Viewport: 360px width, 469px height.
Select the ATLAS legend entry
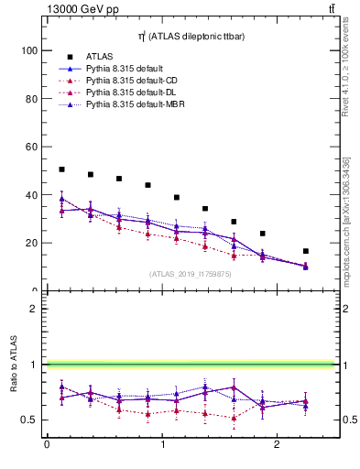tap(98, 56)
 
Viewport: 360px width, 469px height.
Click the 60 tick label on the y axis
tap(32, 147)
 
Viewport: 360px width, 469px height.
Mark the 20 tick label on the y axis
tap(32, 243)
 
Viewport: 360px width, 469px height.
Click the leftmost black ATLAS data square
tap(61, 169)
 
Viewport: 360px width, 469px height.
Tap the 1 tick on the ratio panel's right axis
tap(346, 365)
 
